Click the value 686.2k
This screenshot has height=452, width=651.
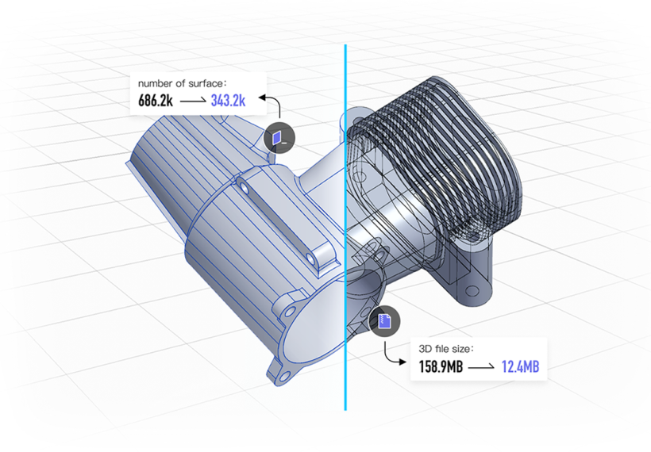point(156,101)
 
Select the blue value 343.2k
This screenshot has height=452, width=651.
point(228,101)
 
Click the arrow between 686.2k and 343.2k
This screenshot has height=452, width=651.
point(193,102)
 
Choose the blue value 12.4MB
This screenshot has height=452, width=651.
point(520,366)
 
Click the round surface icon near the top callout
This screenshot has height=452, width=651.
point(279,138)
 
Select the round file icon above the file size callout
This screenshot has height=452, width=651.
point(384,321)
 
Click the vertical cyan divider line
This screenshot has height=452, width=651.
point(345,238)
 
